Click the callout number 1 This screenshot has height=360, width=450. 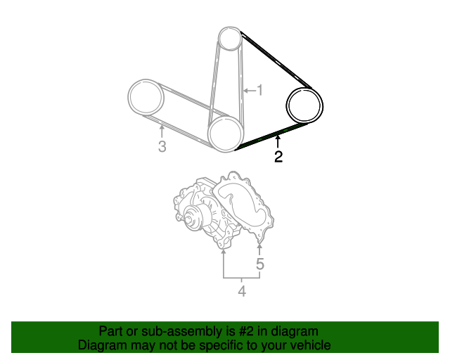pos(259,90)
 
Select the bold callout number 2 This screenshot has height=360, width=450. pos(278,157)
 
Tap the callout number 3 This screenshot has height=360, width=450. pos(162,146)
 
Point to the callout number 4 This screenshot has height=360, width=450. pos(242,291)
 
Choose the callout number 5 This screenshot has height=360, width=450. pos(259,264)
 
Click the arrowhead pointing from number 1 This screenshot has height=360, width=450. pos(245,91)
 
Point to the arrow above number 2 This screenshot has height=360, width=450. pos(278,142)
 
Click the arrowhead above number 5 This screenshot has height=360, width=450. pos(259,246)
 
